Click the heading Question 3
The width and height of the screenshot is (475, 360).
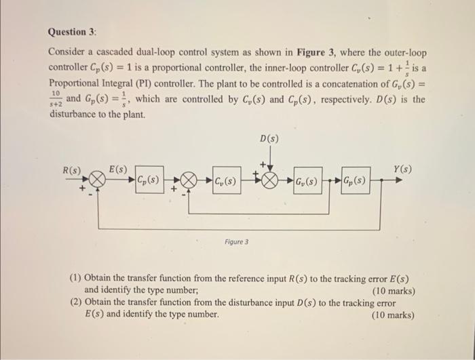coord(72,32)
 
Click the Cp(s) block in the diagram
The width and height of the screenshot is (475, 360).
coord(147,182)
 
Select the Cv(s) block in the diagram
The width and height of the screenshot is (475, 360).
coord(225,182)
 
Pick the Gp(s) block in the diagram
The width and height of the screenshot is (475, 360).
coord(355,182)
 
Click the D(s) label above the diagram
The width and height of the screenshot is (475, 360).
coord(269,140)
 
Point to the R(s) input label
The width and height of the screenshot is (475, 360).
coord(72,169)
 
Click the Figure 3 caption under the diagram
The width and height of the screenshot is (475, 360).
coord(237,241)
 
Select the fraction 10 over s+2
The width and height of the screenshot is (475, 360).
coord(55,100)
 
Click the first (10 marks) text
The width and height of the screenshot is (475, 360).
coord(393,292)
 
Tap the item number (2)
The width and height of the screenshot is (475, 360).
coord(77,303)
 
